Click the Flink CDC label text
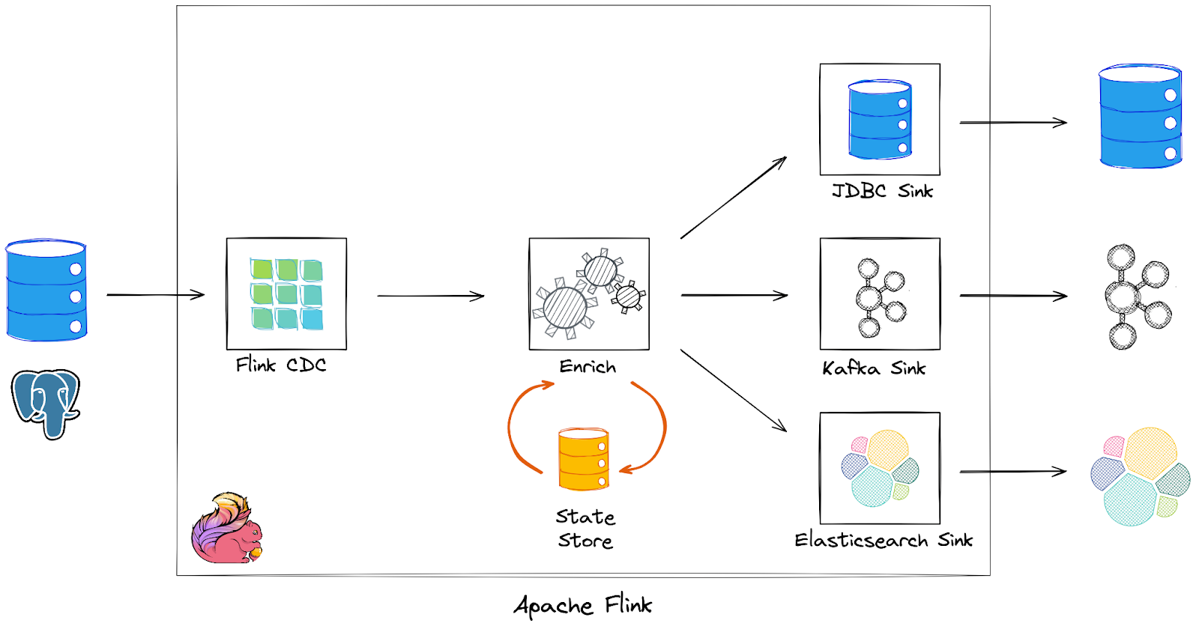click(x=281, y=365)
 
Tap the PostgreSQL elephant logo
click(x=46, y=401)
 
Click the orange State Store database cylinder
click(x=584, y=458)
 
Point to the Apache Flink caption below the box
click(x=583, y=605)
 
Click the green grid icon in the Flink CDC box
click(x=286, y=294)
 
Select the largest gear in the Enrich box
click(x=565, y=307)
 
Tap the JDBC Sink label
click(x=882, y=191)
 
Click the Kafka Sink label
click(x=874, y=368)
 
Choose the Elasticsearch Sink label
click(x=883, y=540)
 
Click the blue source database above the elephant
click(x=46, y=291)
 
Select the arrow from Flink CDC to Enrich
click(x=431, y=296)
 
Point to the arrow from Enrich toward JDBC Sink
click(x=733, y=198)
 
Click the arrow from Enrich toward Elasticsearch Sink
click(x=733, y=390)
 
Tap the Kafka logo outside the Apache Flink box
click(x=1138, y=296)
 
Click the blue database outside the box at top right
click(x=1140, y=117)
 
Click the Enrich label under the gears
click(x=588, y=367)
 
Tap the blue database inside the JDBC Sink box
click(x=880, y=120)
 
